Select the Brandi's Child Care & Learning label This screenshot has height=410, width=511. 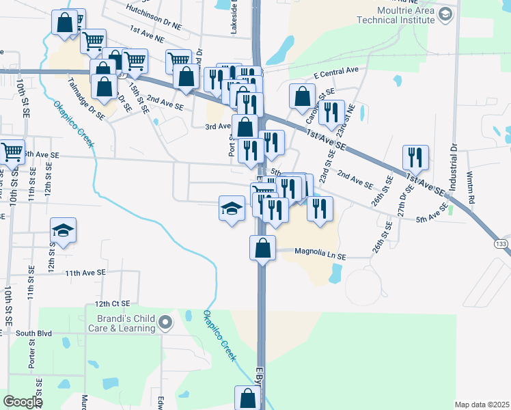[120, 323]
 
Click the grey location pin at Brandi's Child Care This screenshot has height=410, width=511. [165, 322]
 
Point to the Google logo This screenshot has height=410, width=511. [23, 402]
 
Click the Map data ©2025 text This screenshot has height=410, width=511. [482, 404]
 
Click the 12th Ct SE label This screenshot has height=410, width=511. [112, 303]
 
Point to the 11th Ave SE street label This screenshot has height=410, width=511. [85, 272]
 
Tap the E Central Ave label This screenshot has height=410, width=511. [336, 70]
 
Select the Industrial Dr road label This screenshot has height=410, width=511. [452, 165]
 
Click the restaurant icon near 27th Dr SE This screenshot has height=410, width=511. [415, 158]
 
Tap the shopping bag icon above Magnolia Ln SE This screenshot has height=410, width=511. [262, 248]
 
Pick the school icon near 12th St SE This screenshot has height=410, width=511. [63, 231]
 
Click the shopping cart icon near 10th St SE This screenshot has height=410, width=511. [12, 152]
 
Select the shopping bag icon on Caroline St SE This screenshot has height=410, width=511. [302, 97]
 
